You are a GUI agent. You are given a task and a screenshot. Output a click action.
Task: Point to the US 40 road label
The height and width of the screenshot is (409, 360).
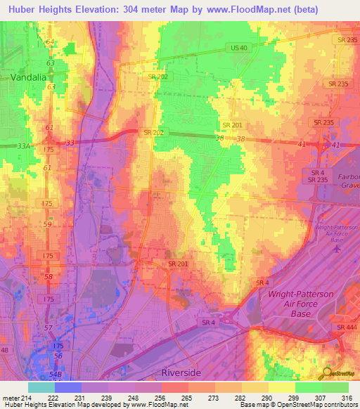coord(239,48)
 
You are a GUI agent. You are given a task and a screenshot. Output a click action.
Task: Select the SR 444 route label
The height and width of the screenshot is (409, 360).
coord(346,327)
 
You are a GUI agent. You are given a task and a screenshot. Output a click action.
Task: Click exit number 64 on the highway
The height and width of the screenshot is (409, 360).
coord(49,42)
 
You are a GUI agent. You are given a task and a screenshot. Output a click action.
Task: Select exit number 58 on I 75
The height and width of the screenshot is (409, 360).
coord(48,278)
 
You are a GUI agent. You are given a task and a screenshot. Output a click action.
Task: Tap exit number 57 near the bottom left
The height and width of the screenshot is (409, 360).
coord(48,328)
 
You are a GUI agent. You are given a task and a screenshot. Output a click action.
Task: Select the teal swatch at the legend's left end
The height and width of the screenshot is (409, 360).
coord(41,387)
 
